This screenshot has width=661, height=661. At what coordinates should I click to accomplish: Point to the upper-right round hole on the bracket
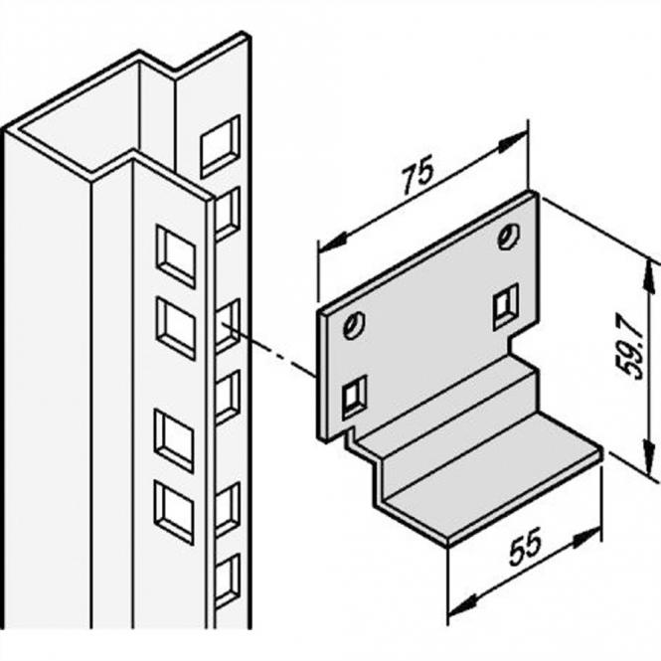509,237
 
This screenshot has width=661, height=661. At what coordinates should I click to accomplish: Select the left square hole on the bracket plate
353,397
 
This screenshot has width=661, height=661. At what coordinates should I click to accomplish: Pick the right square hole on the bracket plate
506,305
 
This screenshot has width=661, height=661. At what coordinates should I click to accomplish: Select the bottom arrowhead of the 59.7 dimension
651,444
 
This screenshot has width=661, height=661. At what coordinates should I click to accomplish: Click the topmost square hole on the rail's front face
174,255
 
